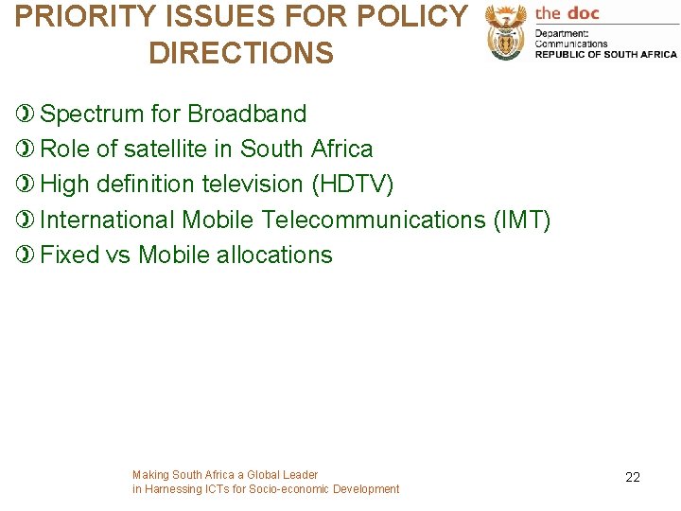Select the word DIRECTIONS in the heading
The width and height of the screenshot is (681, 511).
click(x=241, y=53)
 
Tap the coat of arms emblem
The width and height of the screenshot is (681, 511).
click(x=505, y=34)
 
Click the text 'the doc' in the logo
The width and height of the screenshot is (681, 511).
click(x=567, y=13)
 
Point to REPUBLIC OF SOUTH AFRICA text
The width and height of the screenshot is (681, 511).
click(x=606, y=55)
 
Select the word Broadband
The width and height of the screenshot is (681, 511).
click(x=247, y=115)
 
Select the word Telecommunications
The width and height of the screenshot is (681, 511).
click(x=374, y=220)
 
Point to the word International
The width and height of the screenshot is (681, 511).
click(x=108, y=220)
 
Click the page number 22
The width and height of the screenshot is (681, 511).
click(x=633, y=477)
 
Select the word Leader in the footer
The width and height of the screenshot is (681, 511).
click(x=301, y=475)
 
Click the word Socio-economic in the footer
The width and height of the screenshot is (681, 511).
click(x=283, y=489)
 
